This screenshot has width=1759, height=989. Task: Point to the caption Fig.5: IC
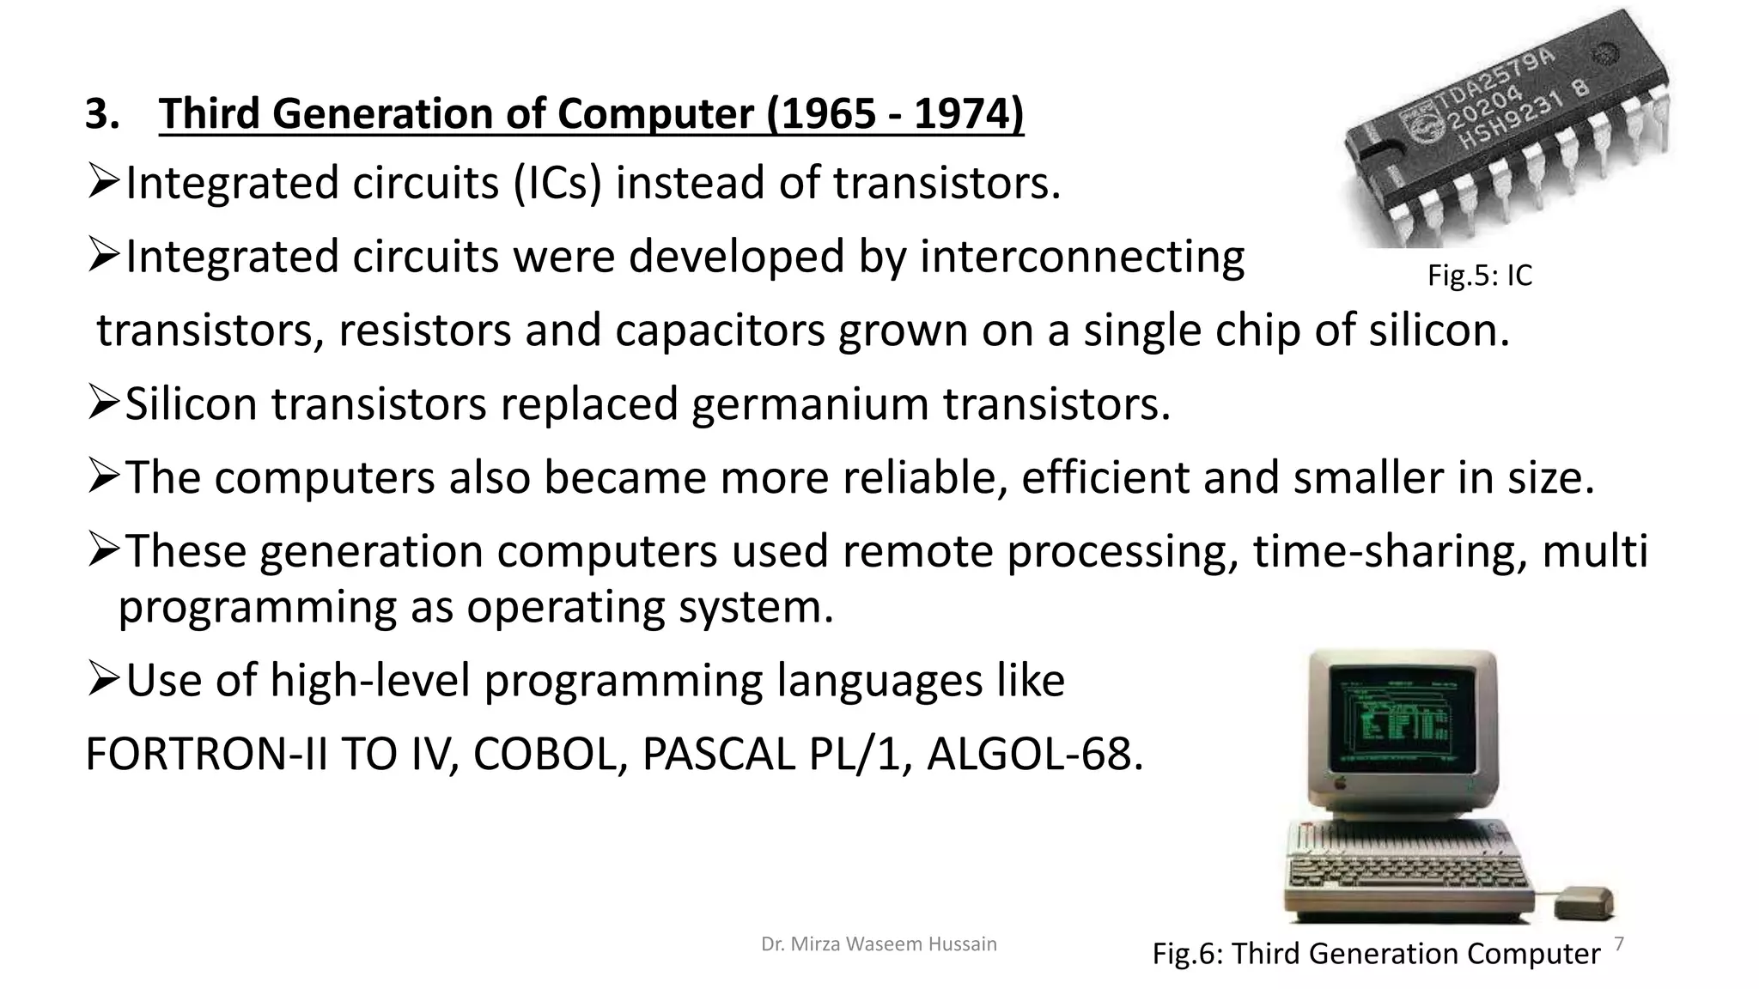pyautogui.click(x=1479, y=276)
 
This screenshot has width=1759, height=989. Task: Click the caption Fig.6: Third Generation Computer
pyautogui.click(x=1376, y=954)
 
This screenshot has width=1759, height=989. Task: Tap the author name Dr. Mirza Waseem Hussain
pyautogui.click(x=879, y=944)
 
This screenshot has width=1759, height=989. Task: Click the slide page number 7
pyautogui.click(x=1619, y=944)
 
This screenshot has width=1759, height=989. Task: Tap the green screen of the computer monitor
pyautogui.click(x=1399, y=720)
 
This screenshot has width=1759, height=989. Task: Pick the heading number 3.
pyautogui.click(x=101, y=114)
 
